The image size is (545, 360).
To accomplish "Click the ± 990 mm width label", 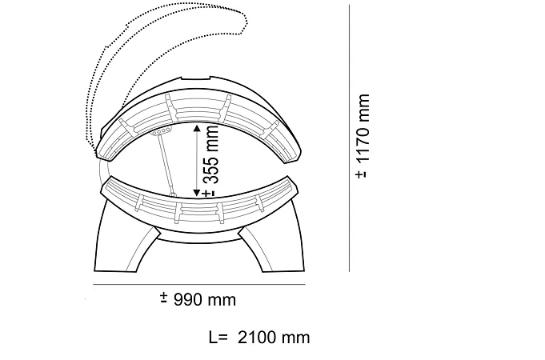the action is [x=198, y=299].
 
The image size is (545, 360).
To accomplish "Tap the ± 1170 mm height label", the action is [x=363, y=136].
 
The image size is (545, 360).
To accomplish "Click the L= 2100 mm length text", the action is [x=259, y=338].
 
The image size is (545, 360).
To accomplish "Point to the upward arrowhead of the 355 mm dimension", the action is [x=197, y=128].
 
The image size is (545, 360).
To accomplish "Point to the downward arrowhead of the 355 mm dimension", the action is [x=197, y=193].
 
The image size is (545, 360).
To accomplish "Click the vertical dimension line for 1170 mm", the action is [x=349, y=138].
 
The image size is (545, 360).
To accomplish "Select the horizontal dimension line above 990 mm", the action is [x=199, y=285].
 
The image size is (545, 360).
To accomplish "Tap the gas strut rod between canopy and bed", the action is [x=166, y=163].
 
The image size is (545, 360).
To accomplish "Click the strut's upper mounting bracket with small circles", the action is [x=161, y=131].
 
